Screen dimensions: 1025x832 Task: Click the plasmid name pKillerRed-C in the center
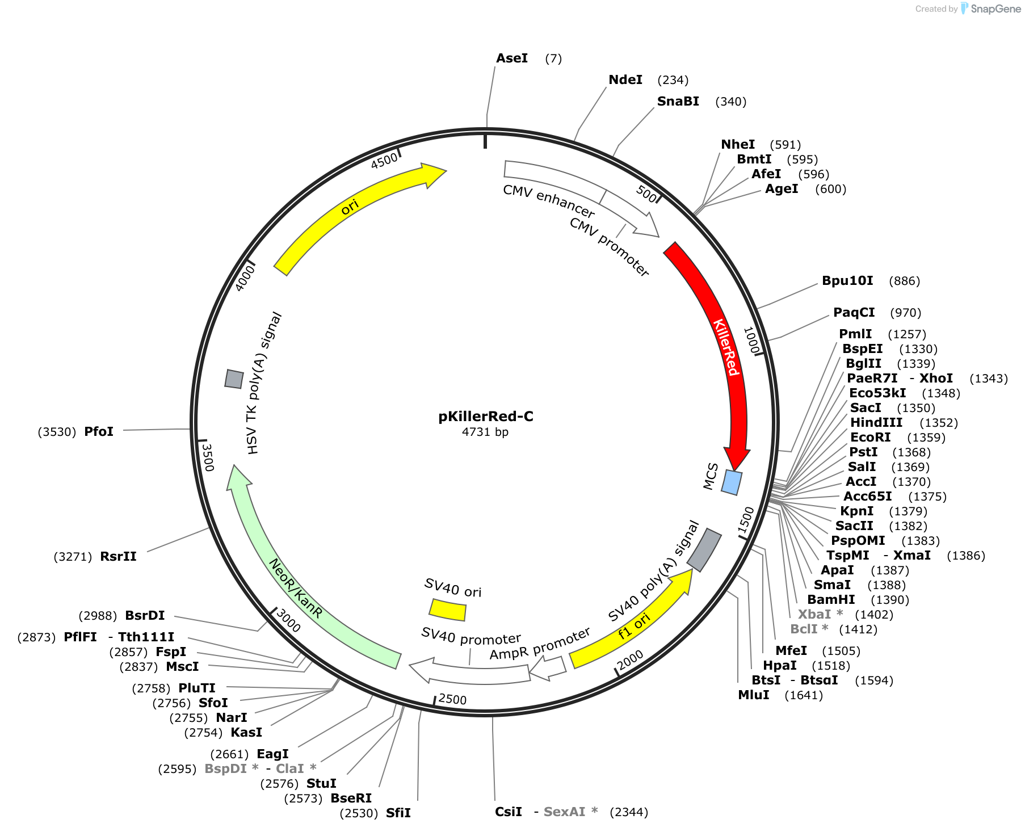tap(486, 417)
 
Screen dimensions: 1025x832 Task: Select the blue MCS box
tap(732, 482)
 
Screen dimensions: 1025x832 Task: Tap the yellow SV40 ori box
tap(447, 610)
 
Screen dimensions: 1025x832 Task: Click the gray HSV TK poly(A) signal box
tap(234, 379)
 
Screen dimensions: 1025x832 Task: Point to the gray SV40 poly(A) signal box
tap(704, 550)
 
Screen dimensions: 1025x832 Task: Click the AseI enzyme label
tap(512, 58)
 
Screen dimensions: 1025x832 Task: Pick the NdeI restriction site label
tap(625, 80)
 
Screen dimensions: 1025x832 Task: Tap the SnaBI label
tap(678, 102)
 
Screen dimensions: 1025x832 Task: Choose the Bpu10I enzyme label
tap(848, 281)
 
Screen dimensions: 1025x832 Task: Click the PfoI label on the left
tap(99, 432)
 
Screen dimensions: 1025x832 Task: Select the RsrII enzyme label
tap(118, 557)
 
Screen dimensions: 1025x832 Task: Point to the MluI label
tap(754, 695)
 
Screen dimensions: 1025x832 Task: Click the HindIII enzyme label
tap(876, 423)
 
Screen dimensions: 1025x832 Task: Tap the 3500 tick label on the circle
tap(208, 457)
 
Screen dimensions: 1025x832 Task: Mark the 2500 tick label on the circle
tap(453, 699)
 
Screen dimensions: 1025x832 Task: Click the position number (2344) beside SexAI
tap(629, 812)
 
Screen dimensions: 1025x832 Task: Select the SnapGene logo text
tap(996, 9)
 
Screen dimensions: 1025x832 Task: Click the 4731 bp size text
tap(485, 432)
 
